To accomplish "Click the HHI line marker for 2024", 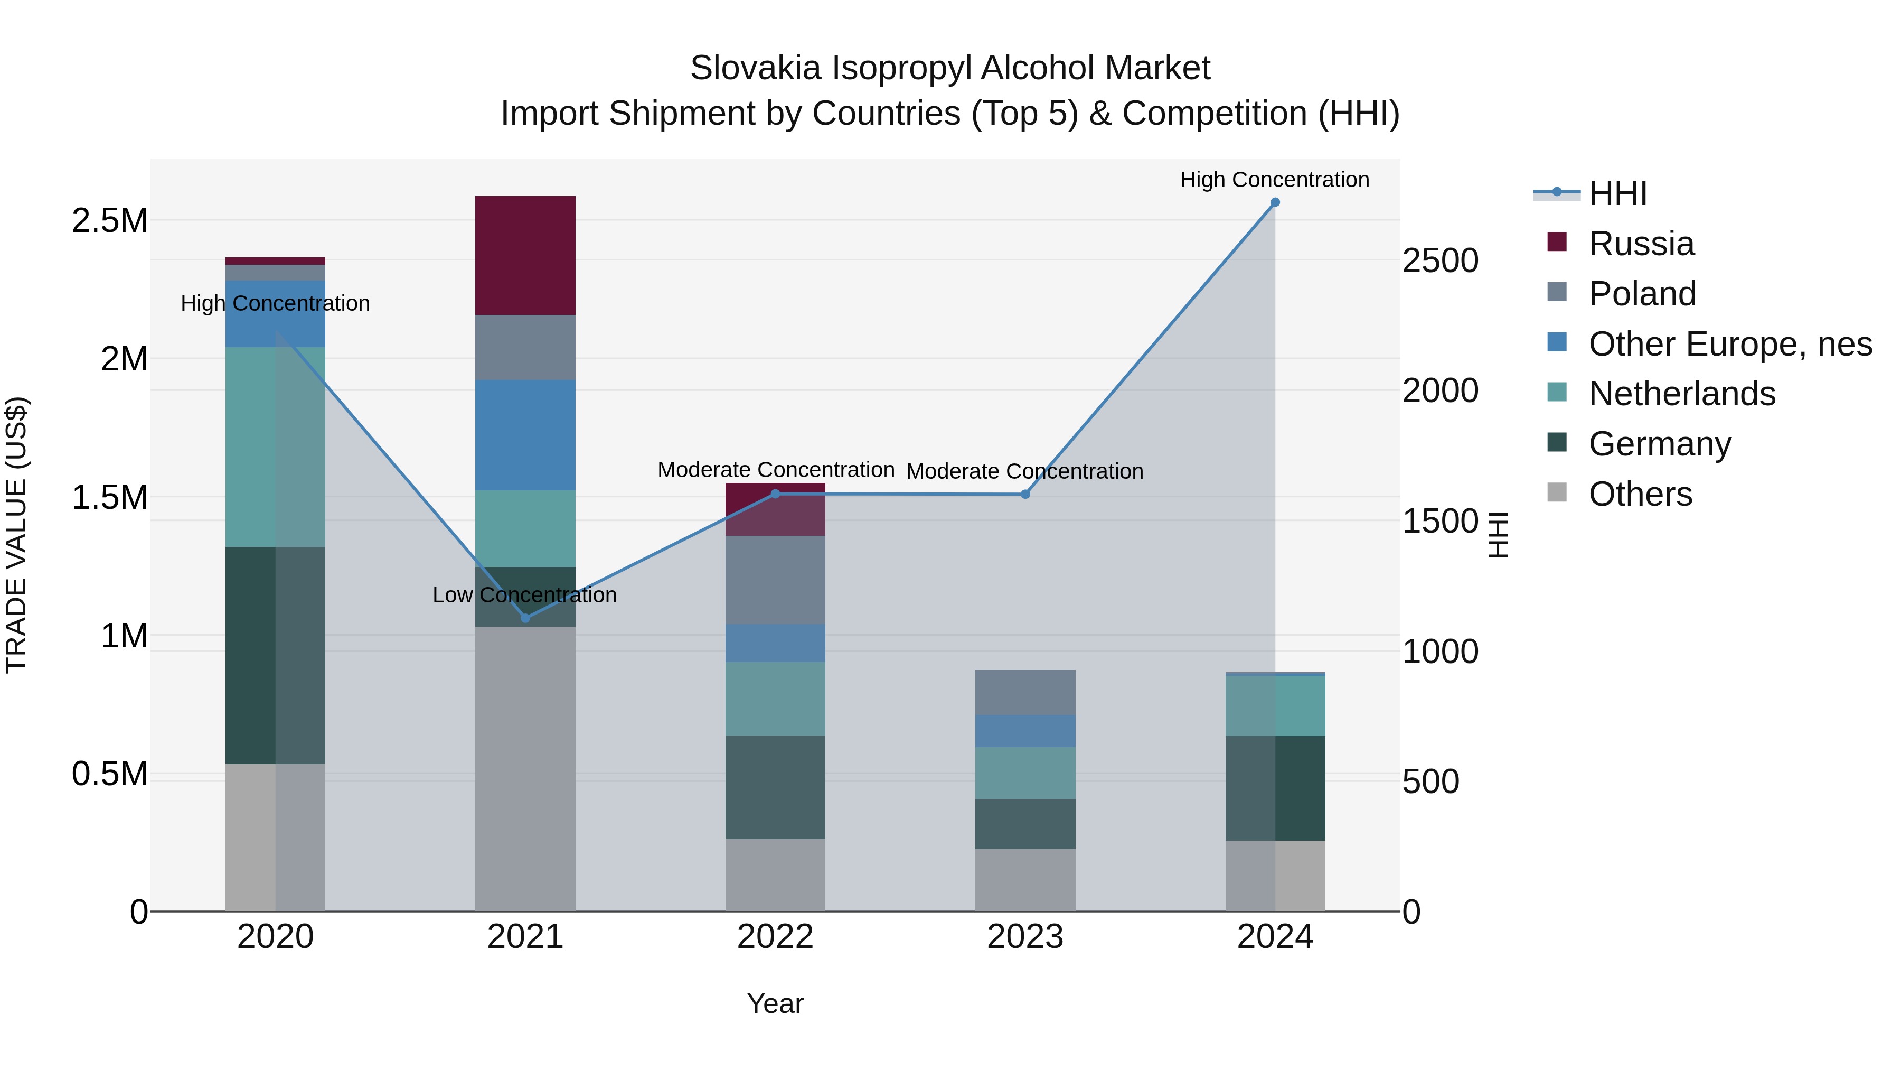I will [x=1275, y=202].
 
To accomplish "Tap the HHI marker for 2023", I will [x=1025, y=494].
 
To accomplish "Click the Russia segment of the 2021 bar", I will [x=525, y=256].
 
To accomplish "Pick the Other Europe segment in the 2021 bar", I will [x=525, y=435].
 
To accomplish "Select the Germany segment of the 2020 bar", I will [x=275, y=655].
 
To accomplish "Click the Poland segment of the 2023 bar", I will [x=1025, y=692].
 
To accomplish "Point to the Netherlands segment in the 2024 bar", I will [x=1275, y=706].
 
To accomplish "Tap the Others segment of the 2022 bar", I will [x=775, y=875].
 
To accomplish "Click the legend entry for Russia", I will [x=1641, y=244].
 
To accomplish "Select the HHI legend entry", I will [x=1617, y=193].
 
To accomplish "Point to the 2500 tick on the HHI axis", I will [x=1440, y=260].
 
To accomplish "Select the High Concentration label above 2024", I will [x=1275, y=180].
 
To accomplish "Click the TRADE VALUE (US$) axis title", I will [x=17, y=535].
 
